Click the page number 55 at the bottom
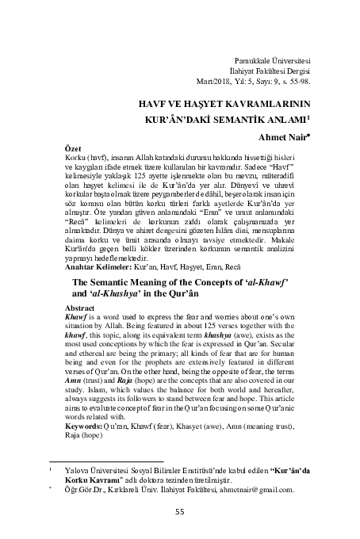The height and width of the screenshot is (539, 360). click(180, 510)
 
